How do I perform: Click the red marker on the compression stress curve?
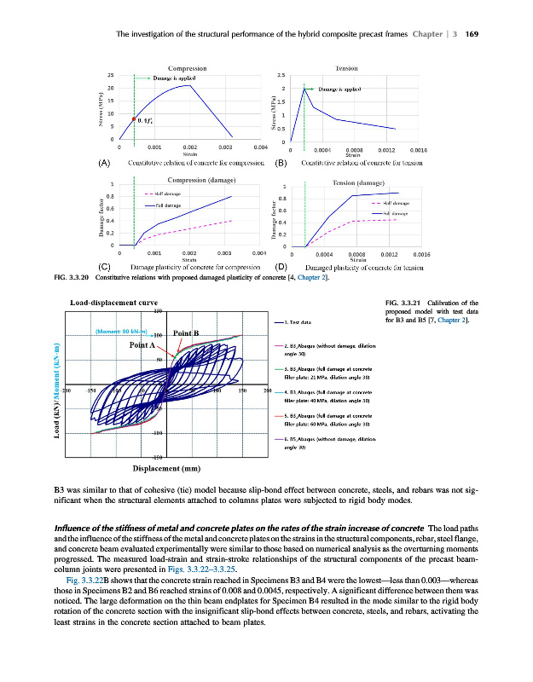(134, 118)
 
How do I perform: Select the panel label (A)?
(105, 162)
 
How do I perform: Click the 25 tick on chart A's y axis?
(111, 76)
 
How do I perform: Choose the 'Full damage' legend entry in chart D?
(397, 213)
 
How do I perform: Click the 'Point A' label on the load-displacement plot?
(142, 345)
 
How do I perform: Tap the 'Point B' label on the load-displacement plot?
(186, 333)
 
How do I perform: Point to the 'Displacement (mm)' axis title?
(167, 468)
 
